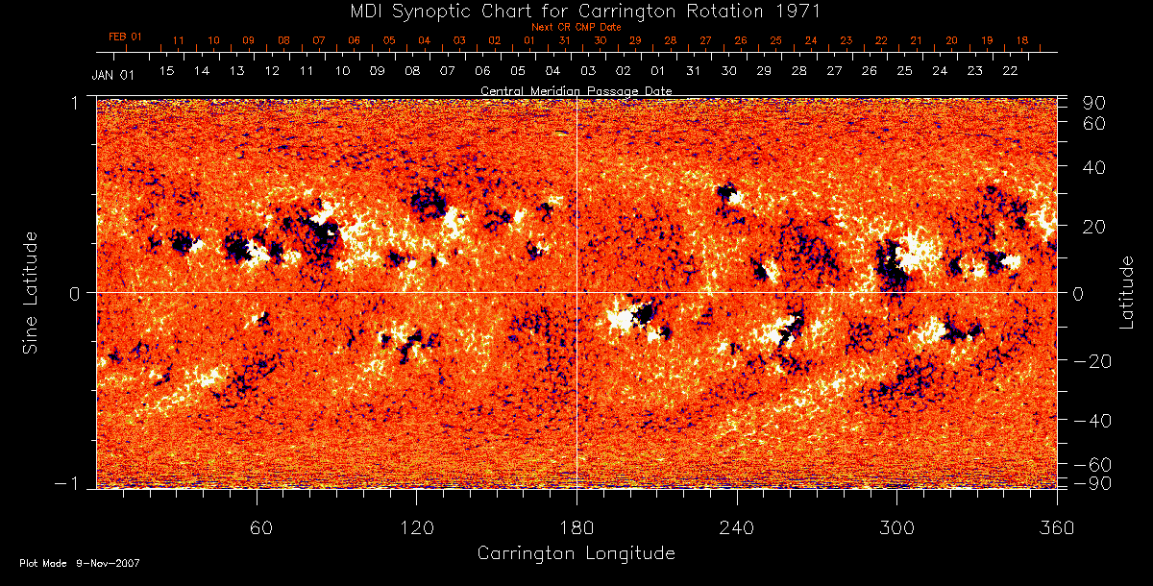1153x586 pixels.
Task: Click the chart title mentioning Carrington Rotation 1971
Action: point(576,12)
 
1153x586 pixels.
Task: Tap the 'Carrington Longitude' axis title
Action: point(576,553)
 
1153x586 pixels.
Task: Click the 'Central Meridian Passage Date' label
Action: point(576,90)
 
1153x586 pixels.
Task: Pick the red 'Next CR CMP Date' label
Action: point(576,27)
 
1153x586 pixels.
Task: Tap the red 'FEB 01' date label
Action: point(125,37)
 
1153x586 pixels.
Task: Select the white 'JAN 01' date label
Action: point(113,73)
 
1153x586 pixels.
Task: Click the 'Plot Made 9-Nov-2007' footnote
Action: point(80,563)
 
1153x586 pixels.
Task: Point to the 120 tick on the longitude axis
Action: point(416,527)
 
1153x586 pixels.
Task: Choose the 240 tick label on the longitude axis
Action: point(736,527)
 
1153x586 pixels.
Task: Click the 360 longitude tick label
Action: point(1056,527)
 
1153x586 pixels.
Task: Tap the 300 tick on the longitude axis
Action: point(896,527)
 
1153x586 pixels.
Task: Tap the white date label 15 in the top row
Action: point(166,71)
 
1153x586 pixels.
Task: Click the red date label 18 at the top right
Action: point(1021,40)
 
